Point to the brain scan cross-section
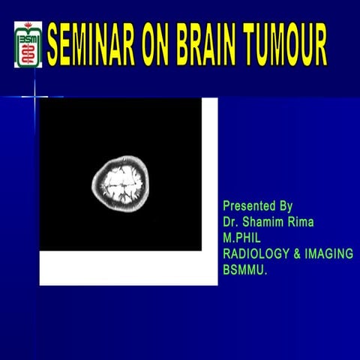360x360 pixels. (121, 182)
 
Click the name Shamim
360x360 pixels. (262, 221)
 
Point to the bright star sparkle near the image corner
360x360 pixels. (34, 95)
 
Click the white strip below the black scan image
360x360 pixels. (127, 268)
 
